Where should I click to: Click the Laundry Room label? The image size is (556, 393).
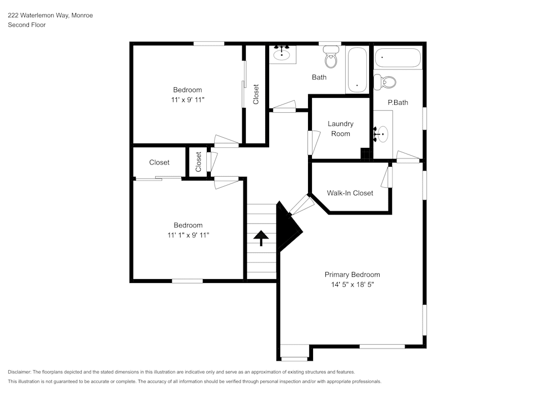click(x=340, y=128)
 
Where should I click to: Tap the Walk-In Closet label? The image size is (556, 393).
click(x=350, y=193)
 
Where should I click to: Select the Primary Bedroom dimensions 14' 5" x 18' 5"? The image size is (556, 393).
click(x=352, y=284)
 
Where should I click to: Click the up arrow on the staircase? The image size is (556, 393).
click(x=261, y=238)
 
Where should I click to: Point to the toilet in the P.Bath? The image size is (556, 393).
click(x=385, y=82)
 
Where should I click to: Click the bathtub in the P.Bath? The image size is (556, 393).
click(x=398, y=58)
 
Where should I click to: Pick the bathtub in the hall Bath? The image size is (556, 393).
click(x=357, y=70)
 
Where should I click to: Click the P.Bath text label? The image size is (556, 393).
click(x=398, y=102)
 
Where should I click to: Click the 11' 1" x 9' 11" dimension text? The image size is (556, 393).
click(x=188, y=235)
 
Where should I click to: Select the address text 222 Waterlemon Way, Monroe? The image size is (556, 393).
click(x=50, y=16)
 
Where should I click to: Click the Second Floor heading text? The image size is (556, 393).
click(x=27, y=25)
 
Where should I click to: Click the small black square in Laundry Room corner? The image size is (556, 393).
click(x=365, y=154)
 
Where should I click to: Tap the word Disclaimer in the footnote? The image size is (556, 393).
click(x=20, y=372)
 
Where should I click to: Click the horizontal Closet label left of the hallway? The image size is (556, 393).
click(x=159, y=162)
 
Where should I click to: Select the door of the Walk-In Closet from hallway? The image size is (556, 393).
click(x=301, y=205)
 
